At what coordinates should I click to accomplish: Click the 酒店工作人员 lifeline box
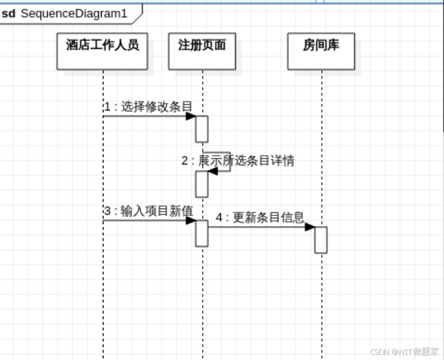(102, 51)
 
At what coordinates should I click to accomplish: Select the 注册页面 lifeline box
(202, 51)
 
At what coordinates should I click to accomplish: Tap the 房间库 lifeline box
(321, 51)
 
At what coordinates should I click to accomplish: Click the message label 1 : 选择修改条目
(148, 107)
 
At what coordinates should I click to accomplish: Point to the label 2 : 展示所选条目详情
(238, 161)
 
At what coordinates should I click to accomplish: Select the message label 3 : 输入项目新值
(148, 211)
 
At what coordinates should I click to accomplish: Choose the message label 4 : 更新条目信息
(260, 218)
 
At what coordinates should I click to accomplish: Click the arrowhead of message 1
(191, 116)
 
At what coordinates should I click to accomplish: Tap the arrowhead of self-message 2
(212, 171)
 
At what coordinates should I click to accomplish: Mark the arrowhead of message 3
(191, 220)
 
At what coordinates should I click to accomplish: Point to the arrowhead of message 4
(310, 227)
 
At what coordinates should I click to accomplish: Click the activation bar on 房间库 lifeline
(321, 240)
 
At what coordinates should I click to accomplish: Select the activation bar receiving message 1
(202, 129)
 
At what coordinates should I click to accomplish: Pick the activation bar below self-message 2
(202, 184)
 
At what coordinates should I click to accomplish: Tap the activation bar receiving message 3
(202, 233)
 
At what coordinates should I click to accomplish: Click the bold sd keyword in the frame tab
(9, 13)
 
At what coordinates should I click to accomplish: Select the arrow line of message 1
(146, 116)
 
